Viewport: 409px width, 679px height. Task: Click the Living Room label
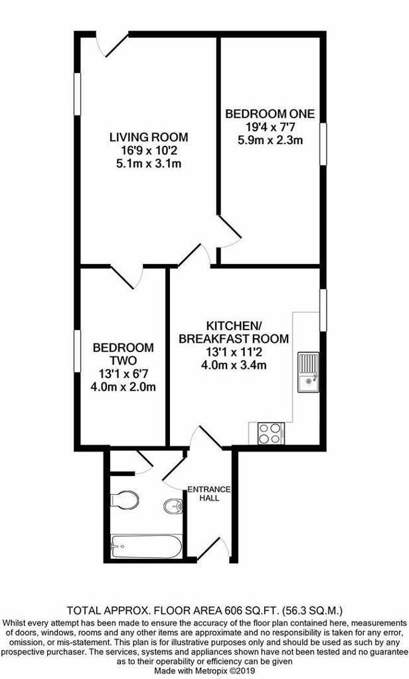[149, 137]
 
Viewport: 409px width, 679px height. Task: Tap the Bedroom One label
[270, 114]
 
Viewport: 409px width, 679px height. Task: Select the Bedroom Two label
[123, 354]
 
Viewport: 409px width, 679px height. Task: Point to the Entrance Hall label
[208, 493]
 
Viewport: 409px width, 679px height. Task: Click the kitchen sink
[308, 373]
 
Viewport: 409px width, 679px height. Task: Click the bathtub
[145, 546]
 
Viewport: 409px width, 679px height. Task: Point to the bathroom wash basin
[174, 506]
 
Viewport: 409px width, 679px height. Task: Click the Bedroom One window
[323, 144]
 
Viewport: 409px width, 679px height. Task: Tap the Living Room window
[77, 94]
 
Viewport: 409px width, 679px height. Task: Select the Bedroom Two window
[77, 351]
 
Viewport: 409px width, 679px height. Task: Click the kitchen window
[323, 310]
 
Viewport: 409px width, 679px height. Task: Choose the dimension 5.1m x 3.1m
[149, 164]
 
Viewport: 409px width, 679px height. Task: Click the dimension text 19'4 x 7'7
[270, 127]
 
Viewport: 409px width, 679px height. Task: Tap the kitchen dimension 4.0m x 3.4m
[234, 365]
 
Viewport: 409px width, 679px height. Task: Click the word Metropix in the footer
[213, 670]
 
